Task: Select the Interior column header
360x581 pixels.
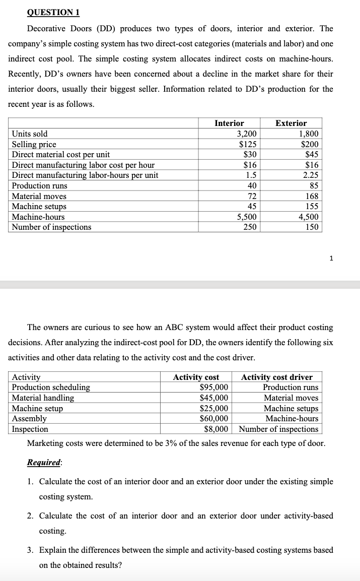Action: pyautogui.click(x=229, y=123)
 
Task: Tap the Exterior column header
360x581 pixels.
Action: pyautogui.click(x=291, y=123)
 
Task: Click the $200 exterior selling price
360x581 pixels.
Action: pyautogui.click(x=308, y=144)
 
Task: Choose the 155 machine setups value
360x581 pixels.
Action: pyautogui.click(x=311, y=206)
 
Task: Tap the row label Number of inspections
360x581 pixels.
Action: pyautogui.click(x=52, y=227)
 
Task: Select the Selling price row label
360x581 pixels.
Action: pyautogui.click(x=34, y=144)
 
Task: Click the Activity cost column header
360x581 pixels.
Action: pyautogui.click(x=196, y=377)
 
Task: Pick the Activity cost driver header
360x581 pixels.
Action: pyautogui.click(x=277, y=377)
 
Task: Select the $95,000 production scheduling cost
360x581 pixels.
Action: pyautogui.click(x=214, y=388)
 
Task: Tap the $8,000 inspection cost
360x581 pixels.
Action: pyautogui.click(x=217, y=429)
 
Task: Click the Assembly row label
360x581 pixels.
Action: pyautogui.click(x=29, y=418)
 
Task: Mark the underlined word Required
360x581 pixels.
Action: pyautogui.click(x=44, y=463)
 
